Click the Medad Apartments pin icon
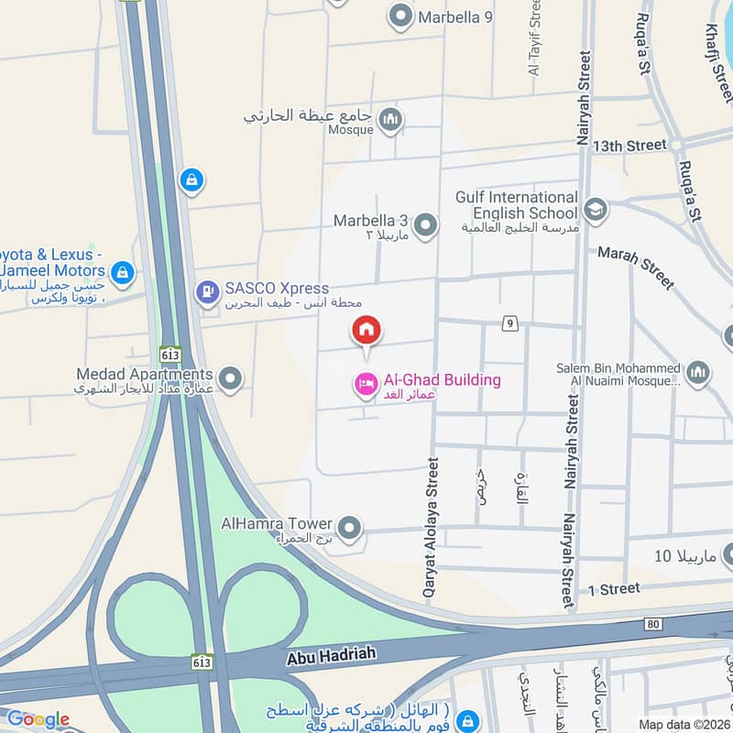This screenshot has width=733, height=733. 231,377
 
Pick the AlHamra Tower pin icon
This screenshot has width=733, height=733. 348,528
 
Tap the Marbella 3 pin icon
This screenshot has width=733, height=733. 424,224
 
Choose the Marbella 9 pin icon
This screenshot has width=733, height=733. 399,16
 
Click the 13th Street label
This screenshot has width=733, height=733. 629,145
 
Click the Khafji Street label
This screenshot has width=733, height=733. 721,50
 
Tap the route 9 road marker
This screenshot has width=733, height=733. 509,323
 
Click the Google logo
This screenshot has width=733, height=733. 37,719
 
